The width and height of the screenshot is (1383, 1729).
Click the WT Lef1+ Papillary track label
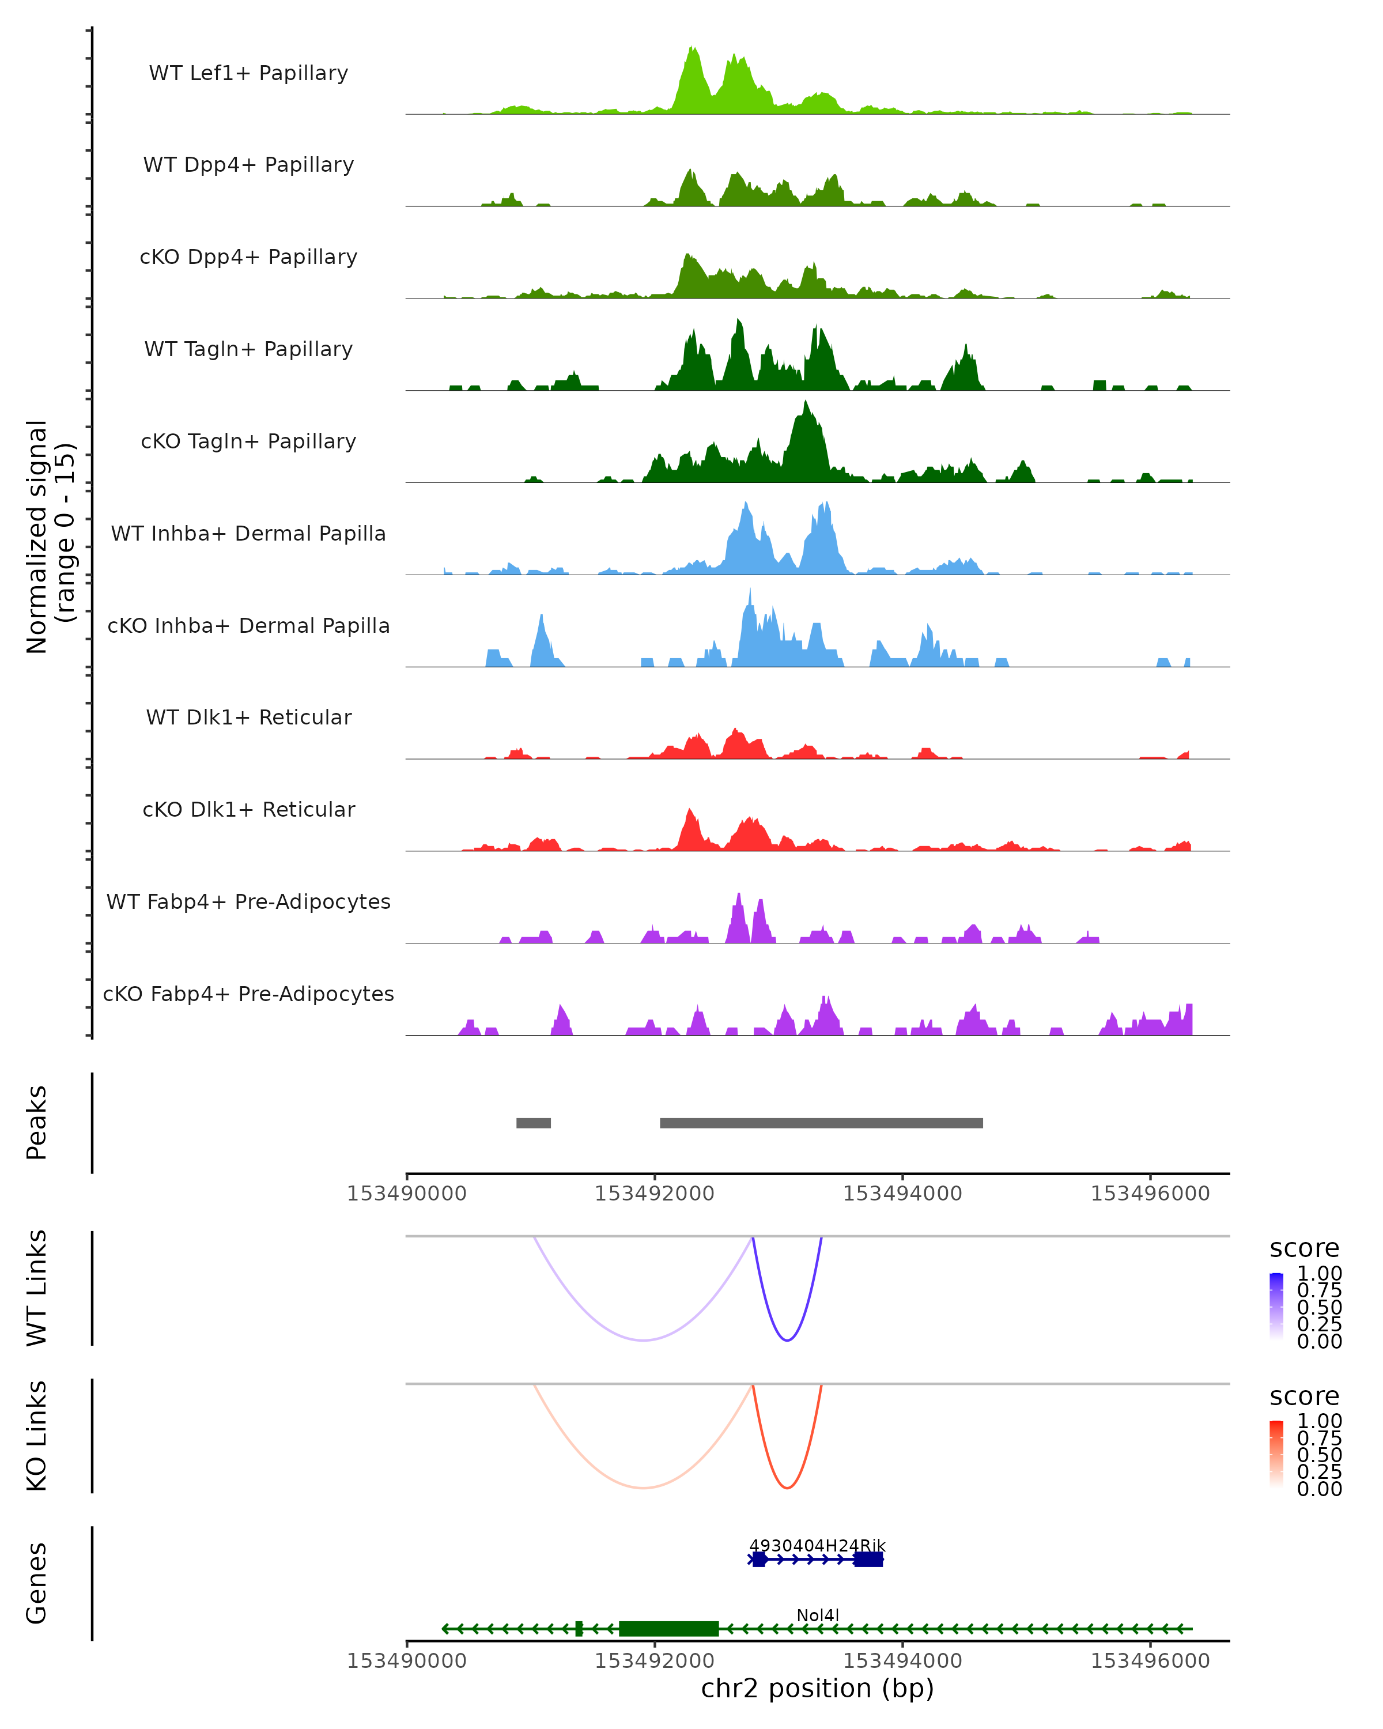[248, 73]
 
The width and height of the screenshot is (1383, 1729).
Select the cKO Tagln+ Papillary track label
[248, 441]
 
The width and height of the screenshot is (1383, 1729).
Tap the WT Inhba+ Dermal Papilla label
[248, 533]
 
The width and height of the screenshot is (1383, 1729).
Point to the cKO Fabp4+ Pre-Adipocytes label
[248, 994]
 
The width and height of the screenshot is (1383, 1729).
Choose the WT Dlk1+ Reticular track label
[248, 717]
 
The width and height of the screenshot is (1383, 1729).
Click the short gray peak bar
[533, 1123]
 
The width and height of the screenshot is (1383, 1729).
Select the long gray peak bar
[821, 1123]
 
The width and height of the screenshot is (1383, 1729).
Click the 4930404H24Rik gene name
[817, 1545]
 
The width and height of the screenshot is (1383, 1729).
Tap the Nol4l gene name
[818, 1615]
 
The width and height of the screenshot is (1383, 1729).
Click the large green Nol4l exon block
[668, 1628]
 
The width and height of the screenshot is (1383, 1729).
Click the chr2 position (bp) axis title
[817, 1688]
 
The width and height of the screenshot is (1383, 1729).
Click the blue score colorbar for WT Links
[1276, 1307]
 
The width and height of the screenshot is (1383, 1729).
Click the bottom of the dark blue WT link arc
[787, 1340]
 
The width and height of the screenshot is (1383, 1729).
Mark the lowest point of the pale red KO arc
[643, 1488]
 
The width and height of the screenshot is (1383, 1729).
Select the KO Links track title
[37, 1436]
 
